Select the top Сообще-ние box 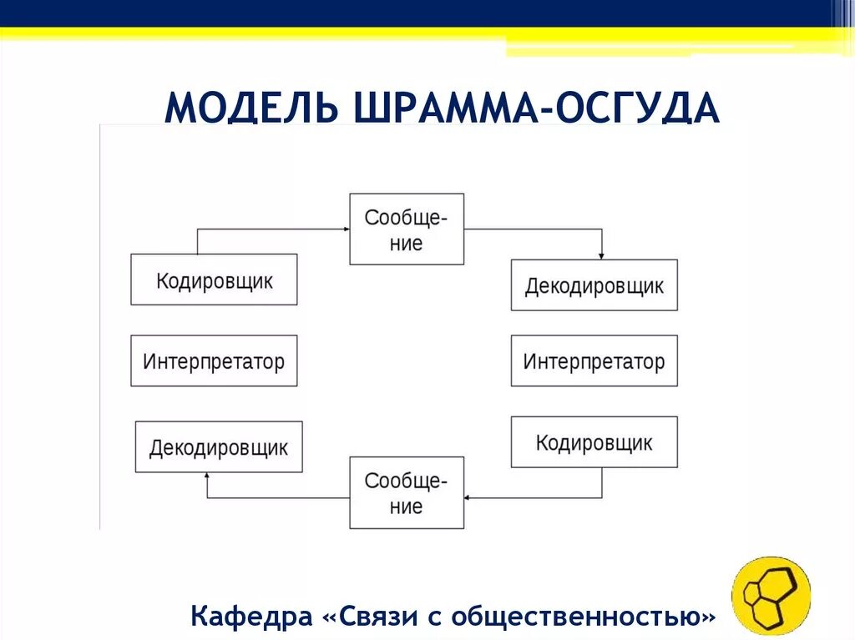pos(406,229)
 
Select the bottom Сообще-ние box pos(406,493)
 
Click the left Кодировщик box pos(214,280)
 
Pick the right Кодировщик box pos(594,442)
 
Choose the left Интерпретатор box pos(214,361)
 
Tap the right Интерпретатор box pos(594,361)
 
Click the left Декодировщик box pos(219,447)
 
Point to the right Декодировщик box pos(594,285)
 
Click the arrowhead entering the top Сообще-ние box pos(345,229)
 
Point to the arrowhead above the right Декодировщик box pos(601,255)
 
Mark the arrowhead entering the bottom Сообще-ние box pos(468,498)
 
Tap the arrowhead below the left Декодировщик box pos(207,477)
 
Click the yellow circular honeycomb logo pos(771,596)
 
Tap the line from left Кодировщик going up pos(197,241)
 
